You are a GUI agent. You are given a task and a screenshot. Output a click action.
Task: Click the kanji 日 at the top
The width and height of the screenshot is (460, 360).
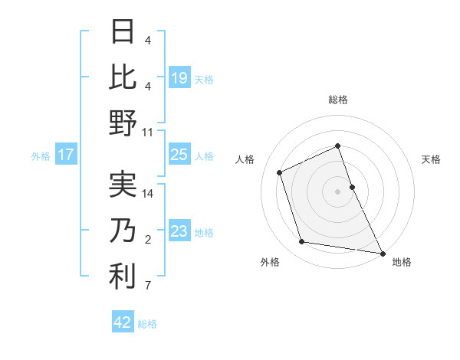[123, 31]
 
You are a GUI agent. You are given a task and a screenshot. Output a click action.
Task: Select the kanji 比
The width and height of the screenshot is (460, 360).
[123, 77]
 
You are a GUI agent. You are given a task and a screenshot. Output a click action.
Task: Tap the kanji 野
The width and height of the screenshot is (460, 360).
[123, 123]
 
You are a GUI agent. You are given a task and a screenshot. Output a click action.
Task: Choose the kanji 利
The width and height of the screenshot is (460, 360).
[123, 277]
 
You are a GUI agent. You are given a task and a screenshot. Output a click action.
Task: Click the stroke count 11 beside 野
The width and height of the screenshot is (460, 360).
[148, 132]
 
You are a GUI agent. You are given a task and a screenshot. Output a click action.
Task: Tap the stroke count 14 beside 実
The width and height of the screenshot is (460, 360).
[148, 194]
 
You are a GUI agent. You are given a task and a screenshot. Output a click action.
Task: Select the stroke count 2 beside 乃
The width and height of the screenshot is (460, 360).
[148, 241]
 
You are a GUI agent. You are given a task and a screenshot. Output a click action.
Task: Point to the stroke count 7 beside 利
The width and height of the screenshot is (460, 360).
[148, 286]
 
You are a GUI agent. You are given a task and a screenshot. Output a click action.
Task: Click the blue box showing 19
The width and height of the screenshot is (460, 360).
[179, 77]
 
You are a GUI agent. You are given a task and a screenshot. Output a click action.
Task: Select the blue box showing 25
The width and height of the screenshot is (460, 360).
[179, 155]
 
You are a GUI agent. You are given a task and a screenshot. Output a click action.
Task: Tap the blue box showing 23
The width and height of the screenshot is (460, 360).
[179, 231]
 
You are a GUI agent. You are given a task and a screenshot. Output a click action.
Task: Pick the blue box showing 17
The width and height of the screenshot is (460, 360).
[65, 155]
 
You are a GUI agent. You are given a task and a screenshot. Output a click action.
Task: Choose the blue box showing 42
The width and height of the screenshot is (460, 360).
[123, 322]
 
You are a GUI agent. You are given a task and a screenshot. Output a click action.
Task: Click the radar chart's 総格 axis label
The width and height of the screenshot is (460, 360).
[338, 100]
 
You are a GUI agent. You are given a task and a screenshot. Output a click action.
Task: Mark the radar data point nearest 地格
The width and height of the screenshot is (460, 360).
[382, 253]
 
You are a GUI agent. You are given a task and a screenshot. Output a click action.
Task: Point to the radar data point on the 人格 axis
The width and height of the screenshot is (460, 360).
[280, 172]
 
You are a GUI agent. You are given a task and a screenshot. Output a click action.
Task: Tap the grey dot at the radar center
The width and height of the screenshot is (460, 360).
[338, 191]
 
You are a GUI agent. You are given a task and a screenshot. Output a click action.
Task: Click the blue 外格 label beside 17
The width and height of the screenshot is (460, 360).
[41, 155]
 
